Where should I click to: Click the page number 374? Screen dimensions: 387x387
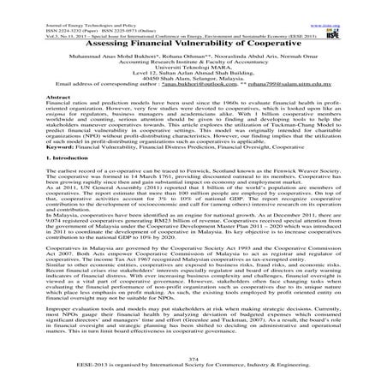coord(193,359)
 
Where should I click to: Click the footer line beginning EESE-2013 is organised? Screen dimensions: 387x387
coord(193,366)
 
